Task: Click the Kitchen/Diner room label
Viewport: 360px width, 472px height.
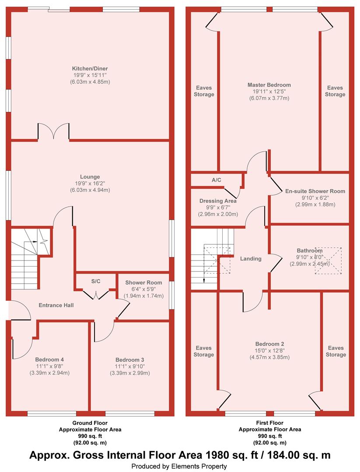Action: click(x=90, y=69)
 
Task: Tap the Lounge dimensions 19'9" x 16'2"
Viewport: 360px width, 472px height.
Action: click(x=90, y=183)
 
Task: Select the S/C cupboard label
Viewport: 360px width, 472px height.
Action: click(x=96, y=281)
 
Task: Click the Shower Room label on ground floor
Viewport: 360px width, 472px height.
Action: click(x=144, y=283)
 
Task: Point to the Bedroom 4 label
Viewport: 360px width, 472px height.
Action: click(x=49, y=360)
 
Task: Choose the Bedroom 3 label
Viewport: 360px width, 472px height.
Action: click(x=130, y=360)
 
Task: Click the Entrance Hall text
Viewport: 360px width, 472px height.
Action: click(x=56, y=305)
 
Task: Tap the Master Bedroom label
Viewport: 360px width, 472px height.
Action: click(x=269, y=85)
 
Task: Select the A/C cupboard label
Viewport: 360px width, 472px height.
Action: click(x=216, y=180)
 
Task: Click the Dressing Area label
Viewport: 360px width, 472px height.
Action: click(x=218, y=201)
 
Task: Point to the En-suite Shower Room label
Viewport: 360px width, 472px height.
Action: click(x=315, y=191)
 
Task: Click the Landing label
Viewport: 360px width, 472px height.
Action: click(x=251, y=259)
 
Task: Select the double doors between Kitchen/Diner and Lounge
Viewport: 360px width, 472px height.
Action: click(x=54, y=131)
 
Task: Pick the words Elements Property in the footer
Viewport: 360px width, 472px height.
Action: click(x=199, y=466)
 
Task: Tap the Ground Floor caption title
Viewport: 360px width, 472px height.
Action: click(x=90, y=423)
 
